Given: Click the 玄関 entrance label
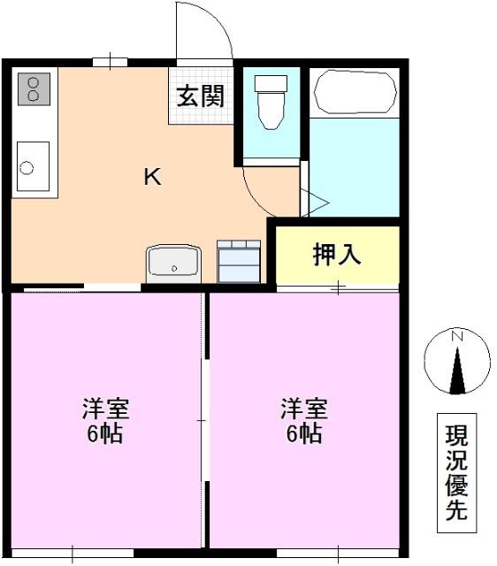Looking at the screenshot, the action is pyautogui.click(x=201, y=96).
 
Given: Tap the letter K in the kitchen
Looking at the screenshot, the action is pyautogui.click(x=153, y=177).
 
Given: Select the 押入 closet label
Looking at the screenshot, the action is pyautogui.click(x=337, y=255).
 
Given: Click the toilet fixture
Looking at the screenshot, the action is pyautogui.click(x=271, y=102).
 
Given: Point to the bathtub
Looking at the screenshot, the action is pyautogui.click(x=356, y=92).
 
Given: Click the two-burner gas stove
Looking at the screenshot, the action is pyautogui.click(x=34, y=88).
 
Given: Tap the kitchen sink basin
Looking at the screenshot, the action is pyautogui.click(x=33, y=166).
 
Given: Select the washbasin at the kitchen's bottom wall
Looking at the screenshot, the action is pyautogui.click(x=173, y=264).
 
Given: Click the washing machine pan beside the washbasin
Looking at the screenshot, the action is pyautogui.click(x=239, y=262).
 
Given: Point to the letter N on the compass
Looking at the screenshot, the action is pyautogui.click(x=457, y=336).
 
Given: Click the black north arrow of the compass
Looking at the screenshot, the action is pyautogui.click(x=457, y=371).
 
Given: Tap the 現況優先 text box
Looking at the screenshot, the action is pyautogui.click(x=456, y=473).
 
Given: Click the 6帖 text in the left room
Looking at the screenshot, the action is pyautogui.click(x=104, y=434).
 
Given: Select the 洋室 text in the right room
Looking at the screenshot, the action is pyautogui.click(x=304, y=409).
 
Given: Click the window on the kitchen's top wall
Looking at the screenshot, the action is pyautogui.click(x=110, y=62).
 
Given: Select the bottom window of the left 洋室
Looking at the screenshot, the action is pyautogui.click(x=73, y=554).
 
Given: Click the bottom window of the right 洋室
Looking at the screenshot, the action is pyautogui.click(x=338, y=554).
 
